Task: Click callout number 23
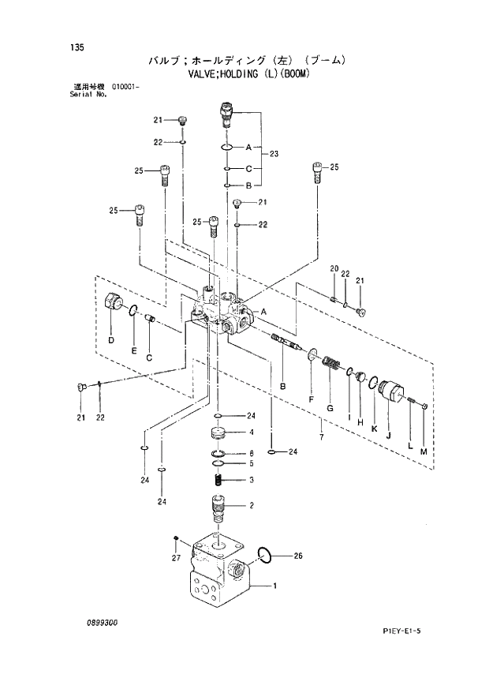point(274,153)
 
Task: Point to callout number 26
point(298,556)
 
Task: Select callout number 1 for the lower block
point(274,586)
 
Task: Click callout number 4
point(251,432)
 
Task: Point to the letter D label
point(110,340)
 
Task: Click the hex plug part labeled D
point(112,302)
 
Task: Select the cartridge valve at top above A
point(226,114)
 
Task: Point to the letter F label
point(311,400)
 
